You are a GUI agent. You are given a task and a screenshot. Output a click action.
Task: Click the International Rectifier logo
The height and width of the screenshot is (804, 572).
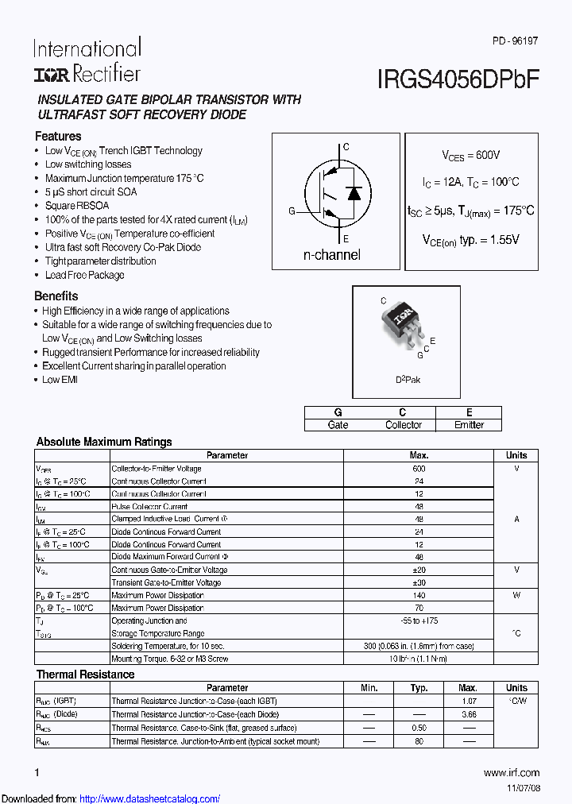click(x=87, y=60)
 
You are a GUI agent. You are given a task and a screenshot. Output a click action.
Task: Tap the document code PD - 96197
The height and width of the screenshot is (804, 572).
click(x=515, y=39)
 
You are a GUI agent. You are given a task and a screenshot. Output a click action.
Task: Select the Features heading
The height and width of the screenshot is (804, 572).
click(x=58, y=136)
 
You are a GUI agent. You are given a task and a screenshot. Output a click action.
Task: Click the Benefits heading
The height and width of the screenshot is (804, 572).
click(x=56, y=296)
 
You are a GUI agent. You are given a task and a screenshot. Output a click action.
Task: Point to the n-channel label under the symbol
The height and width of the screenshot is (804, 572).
click(x=332, y=255)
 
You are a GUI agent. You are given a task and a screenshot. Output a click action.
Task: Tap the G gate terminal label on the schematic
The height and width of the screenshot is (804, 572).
click(x=292, y=211)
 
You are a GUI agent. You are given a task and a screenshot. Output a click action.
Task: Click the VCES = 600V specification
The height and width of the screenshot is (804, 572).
click(x=471, y=156)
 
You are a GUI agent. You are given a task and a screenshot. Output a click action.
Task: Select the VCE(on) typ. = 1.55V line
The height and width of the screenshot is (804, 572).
click(x=470, y=239)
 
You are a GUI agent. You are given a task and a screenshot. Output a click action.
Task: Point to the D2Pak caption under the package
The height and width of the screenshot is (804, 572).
click(x=408, y=380)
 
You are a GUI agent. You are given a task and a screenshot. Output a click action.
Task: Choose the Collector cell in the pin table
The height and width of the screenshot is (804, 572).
click(x=404, y=425)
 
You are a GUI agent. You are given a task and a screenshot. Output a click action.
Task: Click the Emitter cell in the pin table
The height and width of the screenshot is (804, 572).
click(x=469, y=425)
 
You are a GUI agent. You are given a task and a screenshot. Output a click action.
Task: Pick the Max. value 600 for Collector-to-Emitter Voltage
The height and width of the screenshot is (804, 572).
click(x=419, y=469)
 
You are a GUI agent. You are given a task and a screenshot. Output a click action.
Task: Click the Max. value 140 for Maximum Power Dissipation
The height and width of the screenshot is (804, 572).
click(x=419, y=595)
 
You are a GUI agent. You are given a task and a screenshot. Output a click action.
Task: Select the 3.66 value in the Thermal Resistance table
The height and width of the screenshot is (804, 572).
click(x=468, y=715)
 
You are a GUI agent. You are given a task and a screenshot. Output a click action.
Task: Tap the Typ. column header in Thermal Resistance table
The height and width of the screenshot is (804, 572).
click(x=419, y=688)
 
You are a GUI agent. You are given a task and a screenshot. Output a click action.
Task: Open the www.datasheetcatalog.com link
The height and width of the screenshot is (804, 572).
click(x=150, y=798)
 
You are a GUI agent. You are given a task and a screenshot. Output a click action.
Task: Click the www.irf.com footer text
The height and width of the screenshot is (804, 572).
click(x=511, y=772)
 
